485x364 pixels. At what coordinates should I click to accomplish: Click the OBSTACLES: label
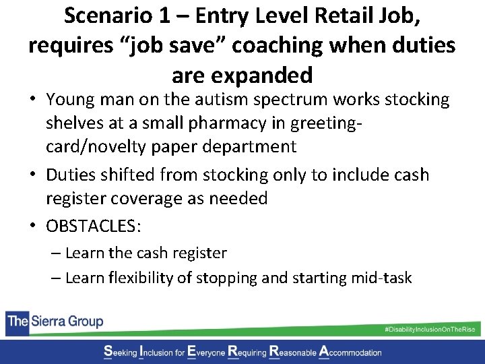[94, 226]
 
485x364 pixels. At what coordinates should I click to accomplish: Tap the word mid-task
[380, 278]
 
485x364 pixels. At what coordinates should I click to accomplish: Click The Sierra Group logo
[55, 321]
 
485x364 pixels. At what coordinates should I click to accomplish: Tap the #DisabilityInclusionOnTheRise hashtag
[429, 329]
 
